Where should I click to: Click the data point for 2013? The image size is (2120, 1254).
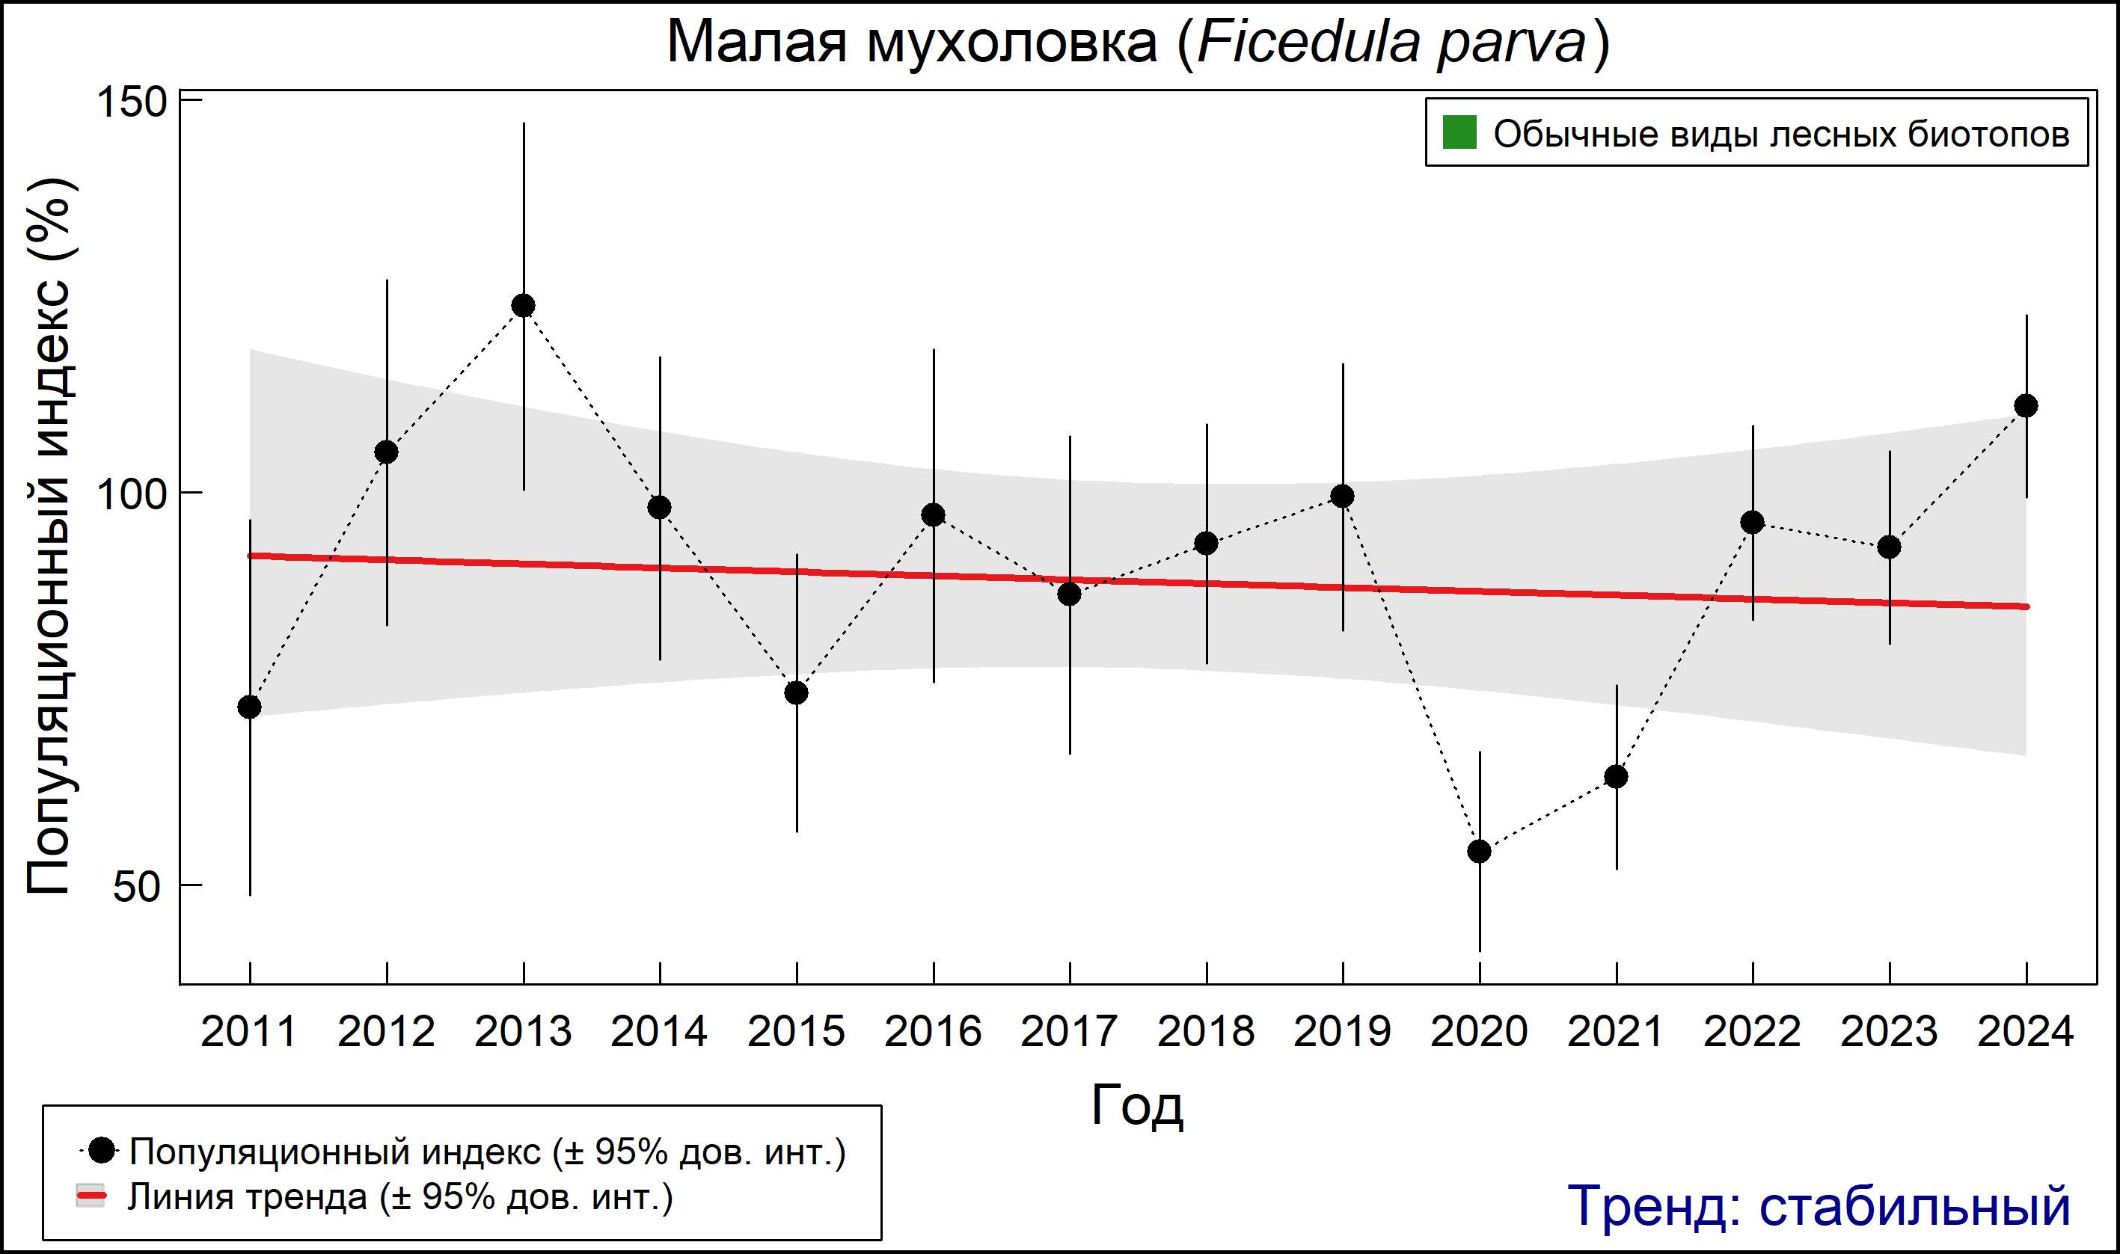pyautogui.click(x=523, y=305)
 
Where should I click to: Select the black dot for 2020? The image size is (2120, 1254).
pyautogui.click(x=1479, y=851)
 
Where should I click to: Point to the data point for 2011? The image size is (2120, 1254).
pyautogui.click(x=249, y=707)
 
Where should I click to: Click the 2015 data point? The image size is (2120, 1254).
pyautogui.click(x=796, y=693)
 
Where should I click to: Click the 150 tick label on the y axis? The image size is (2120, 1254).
pyautogui.click(x=131, y=102)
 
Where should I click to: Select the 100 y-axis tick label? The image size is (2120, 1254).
pyautogui.click(x=131, y=494)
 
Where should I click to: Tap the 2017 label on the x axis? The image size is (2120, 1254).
pyautogui.click(x=1069, y=1032)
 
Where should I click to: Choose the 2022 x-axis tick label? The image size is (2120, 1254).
pyautogui.click(x=1752, y=1032)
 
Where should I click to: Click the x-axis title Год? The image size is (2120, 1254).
pyautogui.click(x=1138, y=1105)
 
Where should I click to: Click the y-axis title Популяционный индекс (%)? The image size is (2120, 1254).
pyautogui.click(x=49, y=537)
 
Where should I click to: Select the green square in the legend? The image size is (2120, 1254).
pyautogui.click(x=1459, y=132)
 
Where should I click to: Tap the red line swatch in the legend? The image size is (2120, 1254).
pyautogui.click(x=91, y=1196)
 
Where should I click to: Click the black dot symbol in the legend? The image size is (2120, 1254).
pyautogui.click(x=102, y=1150)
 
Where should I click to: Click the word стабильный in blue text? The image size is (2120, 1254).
pyautogui.click(x=1914, y=1206)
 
